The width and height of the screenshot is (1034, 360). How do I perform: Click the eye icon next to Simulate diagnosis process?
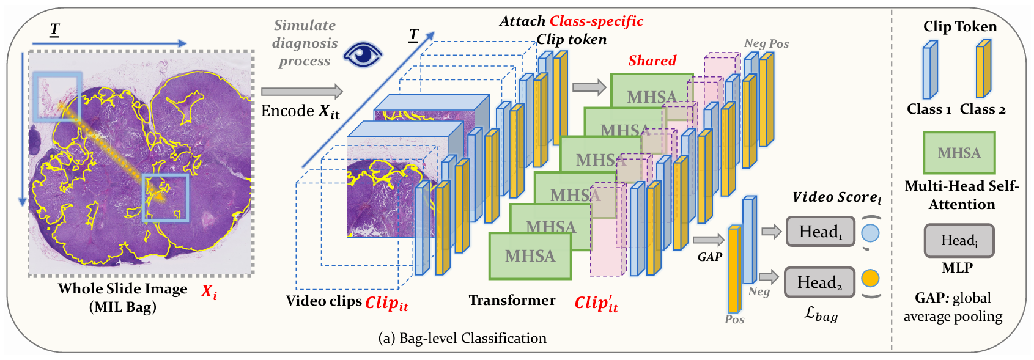click(x=363, y=54)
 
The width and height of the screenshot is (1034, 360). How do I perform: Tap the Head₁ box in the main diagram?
click(x=820, y=232)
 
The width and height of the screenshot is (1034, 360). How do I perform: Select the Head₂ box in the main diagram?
click(x=819, y=282)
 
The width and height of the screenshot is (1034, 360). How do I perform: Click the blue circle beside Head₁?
click(x=870, y=233)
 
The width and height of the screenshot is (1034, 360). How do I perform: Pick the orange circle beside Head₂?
click(x=870, y=279)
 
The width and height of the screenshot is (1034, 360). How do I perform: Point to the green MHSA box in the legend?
click(x=959, y=153)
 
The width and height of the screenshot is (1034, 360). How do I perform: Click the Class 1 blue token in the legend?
click(x=929, y=70)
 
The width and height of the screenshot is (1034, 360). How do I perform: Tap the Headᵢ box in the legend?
click(x=959, y=240)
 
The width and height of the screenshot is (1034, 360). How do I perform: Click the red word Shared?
click(x=652, y=61)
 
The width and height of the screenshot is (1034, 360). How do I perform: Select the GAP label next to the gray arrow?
click(x=710, y=257)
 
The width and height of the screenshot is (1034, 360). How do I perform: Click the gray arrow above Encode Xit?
click(x=301, y=92)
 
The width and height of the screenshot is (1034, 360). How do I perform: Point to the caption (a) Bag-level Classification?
click(x=462, y=338)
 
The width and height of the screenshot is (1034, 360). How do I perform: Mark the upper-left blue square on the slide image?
click(x=57, y=95)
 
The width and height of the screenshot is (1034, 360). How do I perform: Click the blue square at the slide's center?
click(x=165, y=197)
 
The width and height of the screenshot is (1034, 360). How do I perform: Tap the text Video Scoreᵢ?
click(x=836, y=197)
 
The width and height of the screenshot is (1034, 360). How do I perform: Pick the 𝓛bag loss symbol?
click(x=821, y=314)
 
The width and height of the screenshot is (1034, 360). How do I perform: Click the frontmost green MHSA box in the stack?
click(x=530, y=256)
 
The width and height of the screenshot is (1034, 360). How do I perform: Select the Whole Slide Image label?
click(x=123, y=289)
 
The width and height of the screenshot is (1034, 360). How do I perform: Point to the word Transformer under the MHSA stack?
click(x=512, y=300)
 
